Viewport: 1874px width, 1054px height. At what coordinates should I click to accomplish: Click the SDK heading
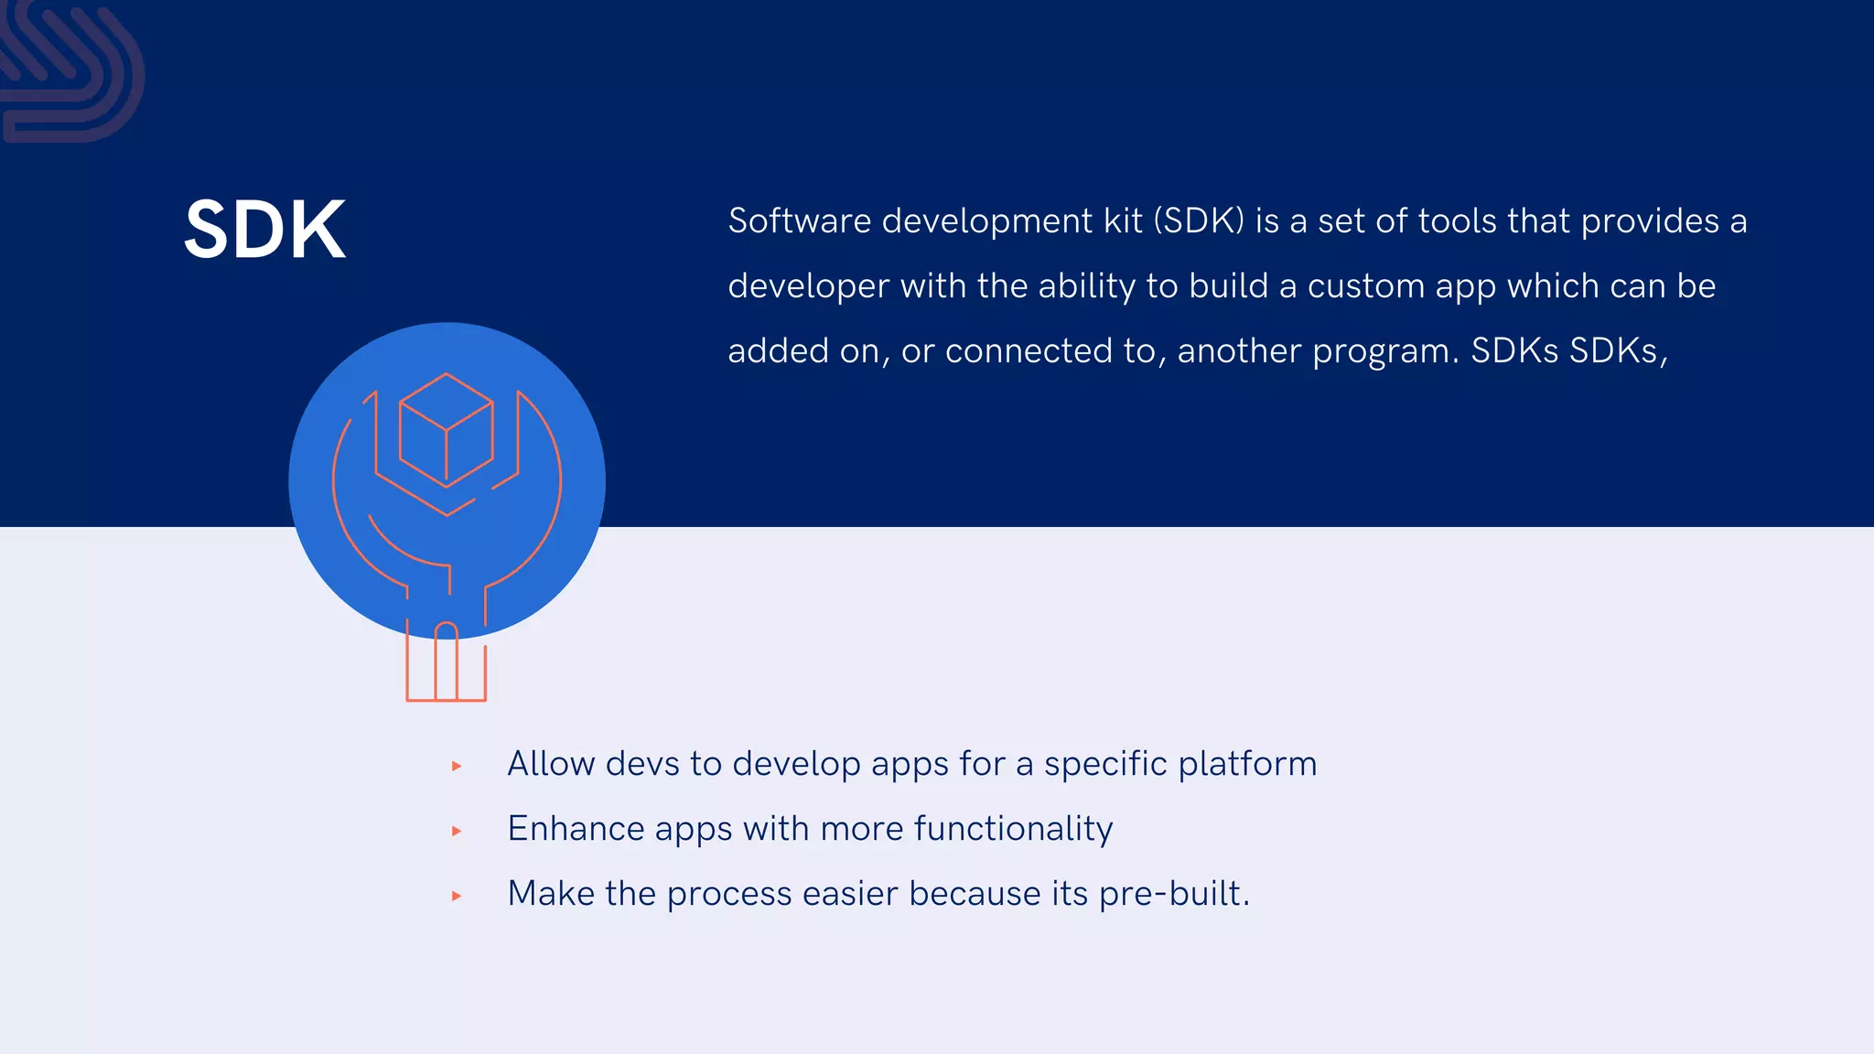pyautogui.click(x=265, y=230)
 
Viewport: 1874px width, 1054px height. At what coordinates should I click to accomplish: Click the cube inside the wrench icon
pyautogui.click(x=447, y=429)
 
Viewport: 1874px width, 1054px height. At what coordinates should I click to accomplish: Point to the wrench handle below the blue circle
pyautogui.click(x=446, y=663)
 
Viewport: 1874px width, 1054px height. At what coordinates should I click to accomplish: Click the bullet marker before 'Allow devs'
pyautogui.click(x=457, y=767)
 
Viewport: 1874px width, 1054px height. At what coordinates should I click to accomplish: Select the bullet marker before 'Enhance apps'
pyautogui.click(x=457, y=832)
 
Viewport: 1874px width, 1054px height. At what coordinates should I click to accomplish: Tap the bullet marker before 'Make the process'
pyautogui.click(x=457, y=897)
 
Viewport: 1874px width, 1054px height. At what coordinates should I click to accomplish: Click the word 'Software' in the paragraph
pyautogui.click(x=799, y=221)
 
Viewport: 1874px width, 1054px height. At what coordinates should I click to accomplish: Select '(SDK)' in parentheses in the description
pyautogui.click(x=1199, y=221)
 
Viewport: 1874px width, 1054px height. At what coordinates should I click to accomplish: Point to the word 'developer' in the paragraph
pyautogui.click(x=808, y=287)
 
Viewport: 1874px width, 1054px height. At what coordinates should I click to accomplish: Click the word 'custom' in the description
pyautogui.click(x=1366, y=287)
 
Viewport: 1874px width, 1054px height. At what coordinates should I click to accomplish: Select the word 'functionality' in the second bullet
pyautogui.click(x=1013, y=829)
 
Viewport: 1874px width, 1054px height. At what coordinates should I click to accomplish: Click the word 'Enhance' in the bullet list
pyautogui.click(x=576, y=829)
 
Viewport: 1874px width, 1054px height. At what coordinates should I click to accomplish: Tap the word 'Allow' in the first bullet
pyautogui.click(x=551, y=764)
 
